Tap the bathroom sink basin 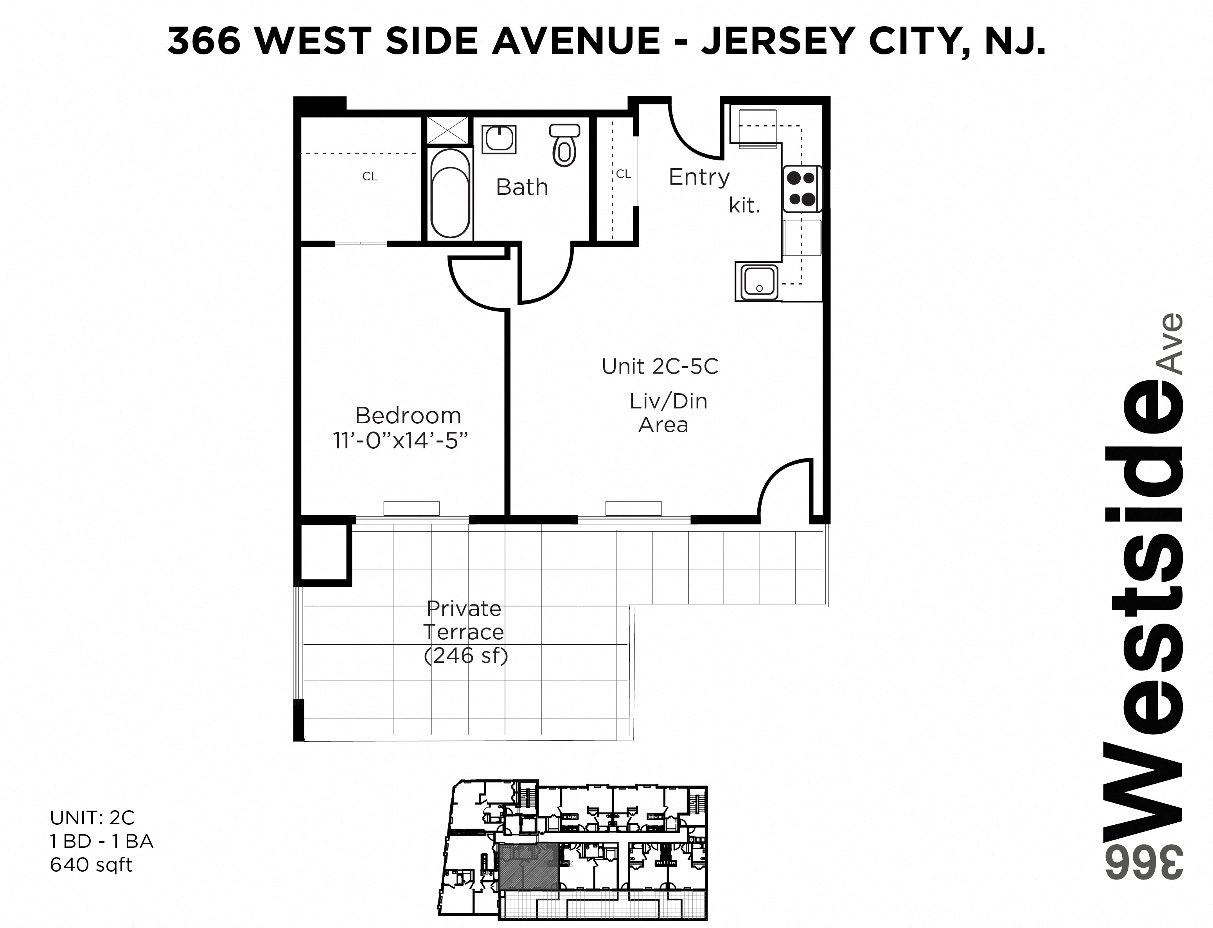(500, 139)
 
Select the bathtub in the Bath (450, 193)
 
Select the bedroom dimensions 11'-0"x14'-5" (401, 441)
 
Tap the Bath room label (522, 187)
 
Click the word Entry (699, 177)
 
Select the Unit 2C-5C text (660, 366)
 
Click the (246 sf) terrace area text (465, 655)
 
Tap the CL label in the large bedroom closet (370, 176)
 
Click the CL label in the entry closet (623, 174)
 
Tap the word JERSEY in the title (778, 40)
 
